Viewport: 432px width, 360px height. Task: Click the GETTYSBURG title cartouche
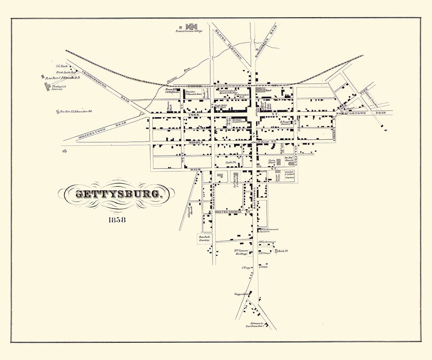coord(118,194)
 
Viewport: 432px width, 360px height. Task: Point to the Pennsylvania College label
coord(189,31)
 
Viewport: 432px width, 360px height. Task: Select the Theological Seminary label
coord(57,88)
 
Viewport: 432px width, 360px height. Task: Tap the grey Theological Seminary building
coord(48,86)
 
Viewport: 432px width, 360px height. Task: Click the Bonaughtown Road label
coord(360,113)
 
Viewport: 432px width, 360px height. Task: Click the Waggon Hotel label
coord(242,294)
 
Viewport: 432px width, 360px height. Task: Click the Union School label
coord(272,161)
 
